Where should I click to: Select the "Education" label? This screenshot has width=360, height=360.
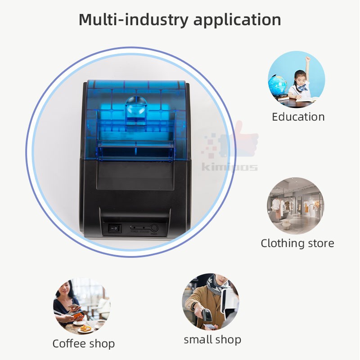point(298,117)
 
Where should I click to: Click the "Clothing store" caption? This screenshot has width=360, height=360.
point(297,243)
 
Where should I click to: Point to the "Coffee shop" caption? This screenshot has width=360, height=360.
point(83,344)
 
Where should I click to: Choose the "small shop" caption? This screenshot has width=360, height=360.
point(212,340)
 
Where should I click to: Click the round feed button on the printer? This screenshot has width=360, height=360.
point(154,228)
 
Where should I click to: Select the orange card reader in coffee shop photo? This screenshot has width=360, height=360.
point(77,315)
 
